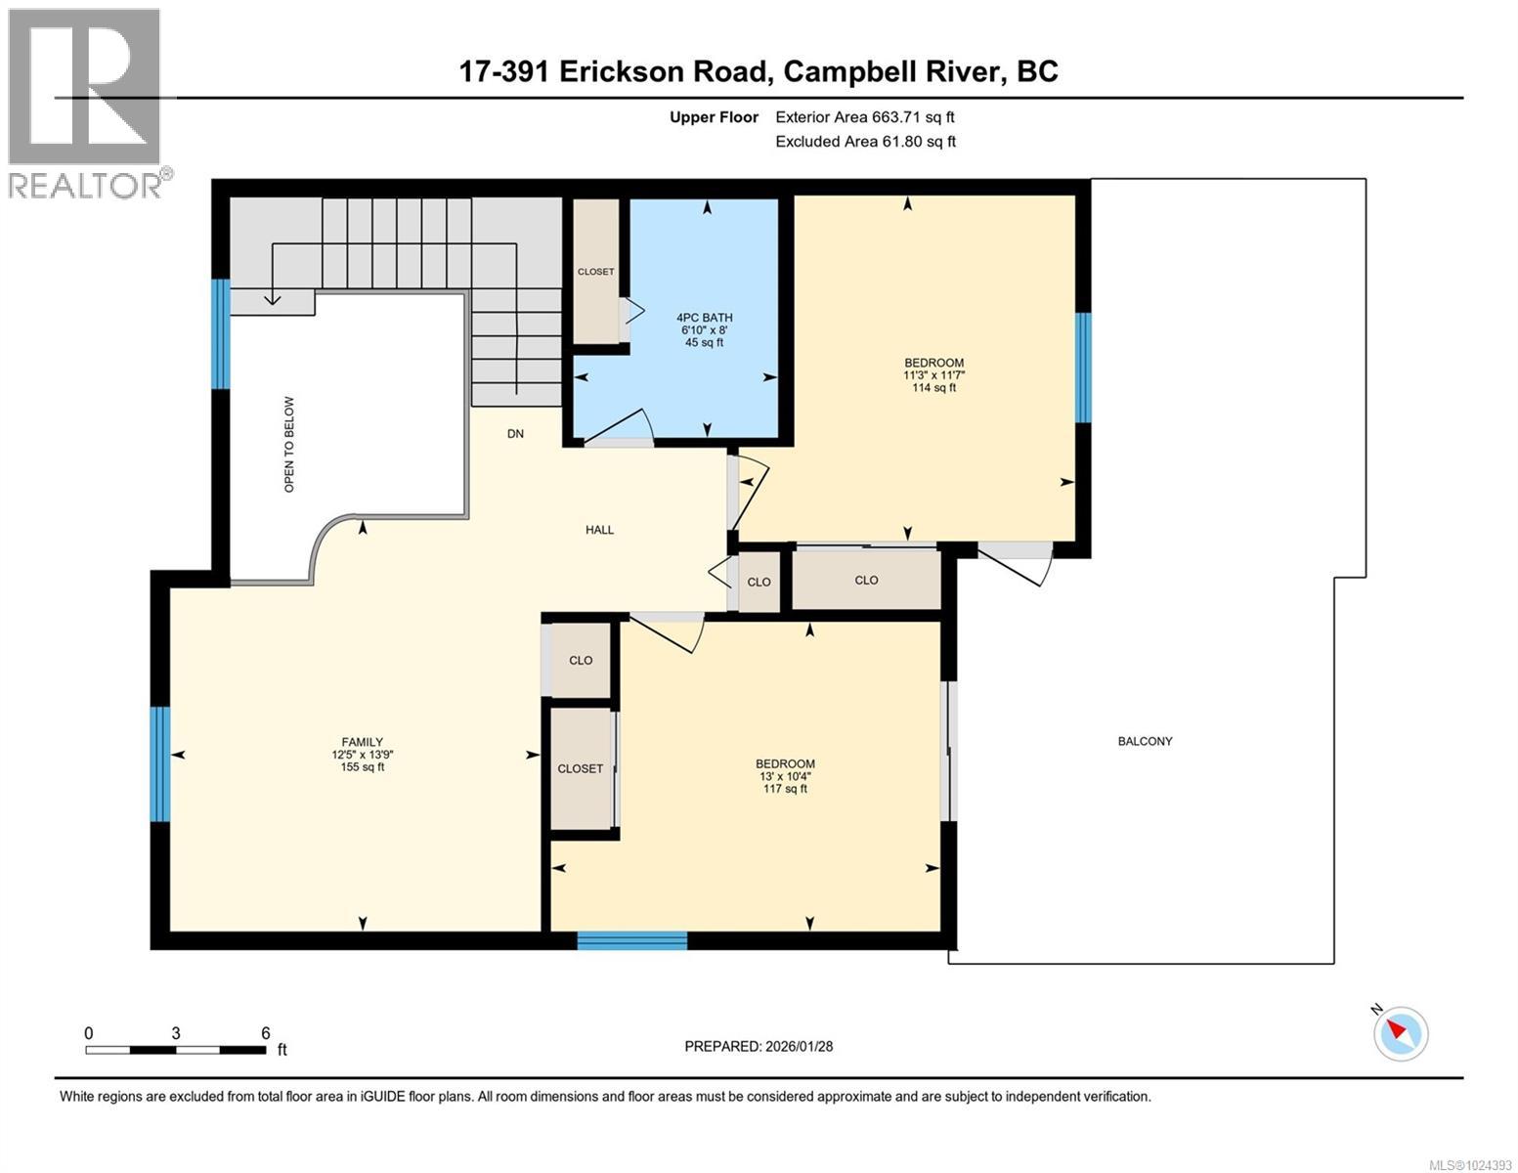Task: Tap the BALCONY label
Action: point(1145,741)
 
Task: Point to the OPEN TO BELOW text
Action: point(288,444)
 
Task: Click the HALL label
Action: point(599,530)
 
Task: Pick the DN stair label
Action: point(515,433)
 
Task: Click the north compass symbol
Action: point(1400,1032)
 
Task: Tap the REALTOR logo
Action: point(85,103)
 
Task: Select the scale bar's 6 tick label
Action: point(265,1033)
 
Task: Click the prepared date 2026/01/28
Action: point(758,1046)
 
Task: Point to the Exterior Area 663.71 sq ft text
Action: point(864,117)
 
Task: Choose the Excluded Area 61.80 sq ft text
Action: point(865,142)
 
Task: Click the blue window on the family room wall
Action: point(160,763)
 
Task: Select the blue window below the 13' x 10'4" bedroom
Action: point(631,940)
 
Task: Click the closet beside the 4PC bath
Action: point(595,272)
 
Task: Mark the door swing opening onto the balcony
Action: point(1017,562)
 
